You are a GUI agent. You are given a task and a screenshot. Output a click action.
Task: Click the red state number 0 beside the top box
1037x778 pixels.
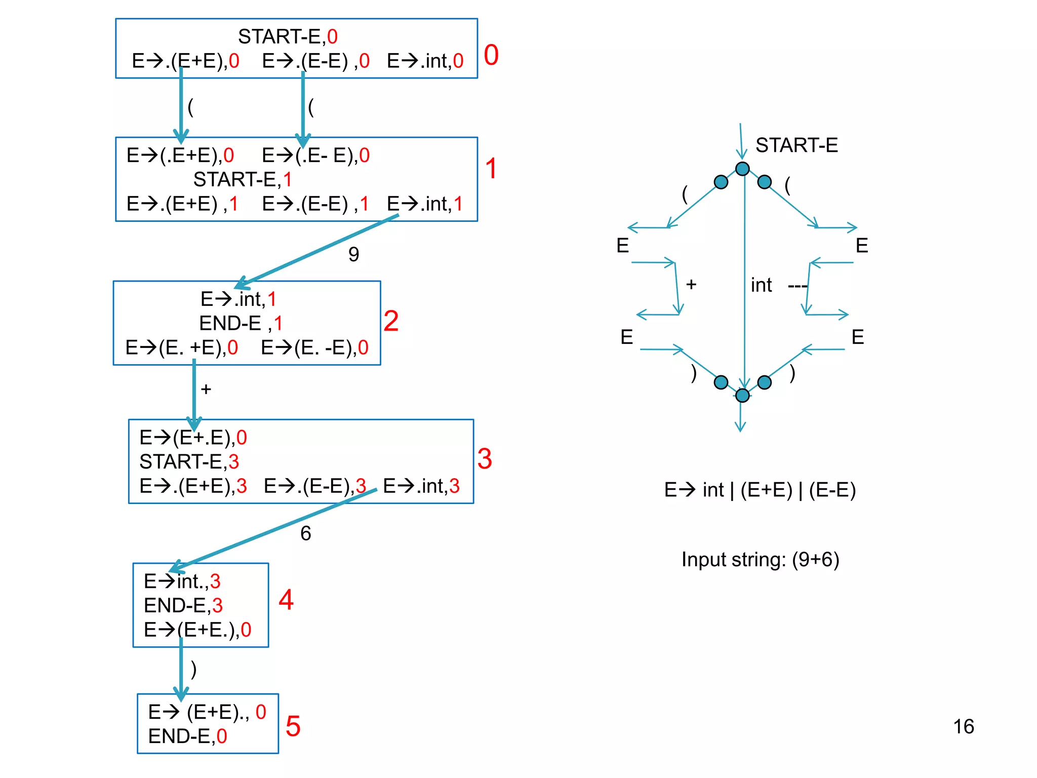pyautogui.click(x=491, y=55)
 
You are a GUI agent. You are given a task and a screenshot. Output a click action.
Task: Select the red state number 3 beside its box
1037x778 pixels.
pyautogui.click(x=484, y=459)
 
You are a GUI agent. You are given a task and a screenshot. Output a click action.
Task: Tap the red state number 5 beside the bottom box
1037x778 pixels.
pyautogui.click(x=293, y=726)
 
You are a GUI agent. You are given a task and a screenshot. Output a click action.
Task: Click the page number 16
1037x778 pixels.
pyautogui.click(x=963, y=726)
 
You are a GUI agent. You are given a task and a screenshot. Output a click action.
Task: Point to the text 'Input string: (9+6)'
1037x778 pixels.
pyautogui.click(x=760, y=559)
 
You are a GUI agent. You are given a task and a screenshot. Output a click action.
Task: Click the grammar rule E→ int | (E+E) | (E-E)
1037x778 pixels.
pyautogui.click(x=760, y=490)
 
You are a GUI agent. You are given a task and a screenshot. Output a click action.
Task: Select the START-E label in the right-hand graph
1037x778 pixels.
pyautogui.click(x=796, y=145)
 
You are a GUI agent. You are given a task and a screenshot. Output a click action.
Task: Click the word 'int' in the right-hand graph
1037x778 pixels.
pyautogui.click(x=761, y=285)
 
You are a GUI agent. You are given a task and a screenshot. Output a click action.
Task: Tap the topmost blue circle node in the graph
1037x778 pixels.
pyautogui.click(x=742, y=169)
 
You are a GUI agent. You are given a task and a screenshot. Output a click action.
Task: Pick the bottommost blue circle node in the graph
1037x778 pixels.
pyautogui.click(x=742, y=395)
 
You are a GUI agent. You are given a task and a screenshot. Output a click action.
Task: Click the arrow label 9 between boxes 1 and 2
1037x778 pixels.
pyautogui.click(x=353, y=254)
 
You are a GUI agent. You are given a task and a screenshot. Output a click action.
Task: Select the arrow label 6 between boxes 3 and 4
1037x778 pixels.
pyautogui.click(x=305, y=533)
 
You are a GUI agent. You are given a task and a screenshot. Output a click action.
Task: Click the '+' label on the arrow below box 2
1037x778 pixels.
pyautogui.click(x=206, y=389)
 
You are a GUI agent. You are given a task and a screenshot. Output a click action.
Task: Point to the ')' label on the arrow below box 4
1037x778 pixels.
pyautogui.click(x=193, y=669)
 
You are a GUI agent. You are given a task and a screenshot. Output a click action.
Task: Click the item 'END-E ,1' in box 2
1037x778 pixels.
pyautogui.click(x=241, y=323)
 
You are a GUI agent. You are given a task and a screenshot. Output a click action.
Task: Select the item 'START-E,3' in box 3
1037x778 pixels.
pyautogui.click(x=189, y=461)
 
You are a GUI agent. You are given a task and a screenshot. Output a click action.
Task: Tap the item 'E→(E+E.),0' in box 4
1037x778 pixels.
pyautogui.click(x=197, y=630)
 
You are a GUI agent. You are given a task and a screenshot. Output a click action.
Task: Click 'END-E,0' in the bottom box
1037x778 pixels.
pyautogui.click(x=187, y=736)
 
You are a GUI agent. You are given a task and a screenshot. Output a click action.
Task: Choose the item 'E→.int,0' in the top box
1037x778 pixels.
pyautogui.click(x=425, y=61)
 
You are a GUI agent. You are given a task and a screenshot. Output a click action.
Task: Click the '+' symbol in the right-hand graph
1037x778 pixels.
pyautogui.click(x=691, y=284)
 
